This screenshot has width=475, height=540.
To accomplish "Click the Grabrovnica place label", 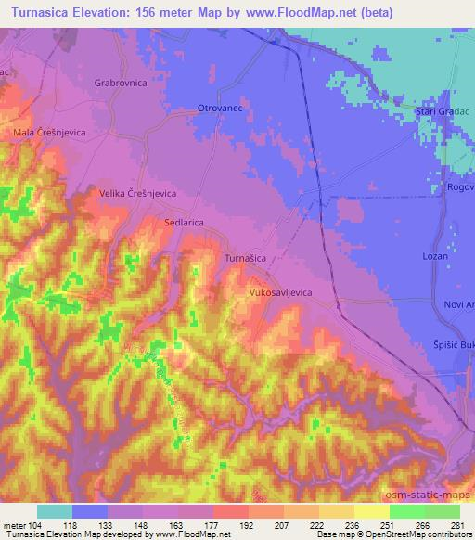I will click(121, 83).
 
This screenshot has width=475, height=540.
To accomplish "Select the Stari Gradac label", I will click(443, 111).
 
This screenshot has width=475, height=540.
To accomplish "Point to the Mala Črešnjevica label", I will click(49, 133).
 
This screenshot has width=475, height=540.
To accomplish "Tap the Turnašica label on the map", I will click(250, 257).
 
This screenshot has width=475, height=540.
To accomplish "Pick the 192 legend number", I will click(247, 524).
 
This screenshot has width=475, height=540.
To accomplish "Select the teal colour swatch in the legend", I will click(55, 511).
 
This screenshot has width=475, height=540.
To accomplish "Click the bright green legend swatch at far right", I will click(443, 511).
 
